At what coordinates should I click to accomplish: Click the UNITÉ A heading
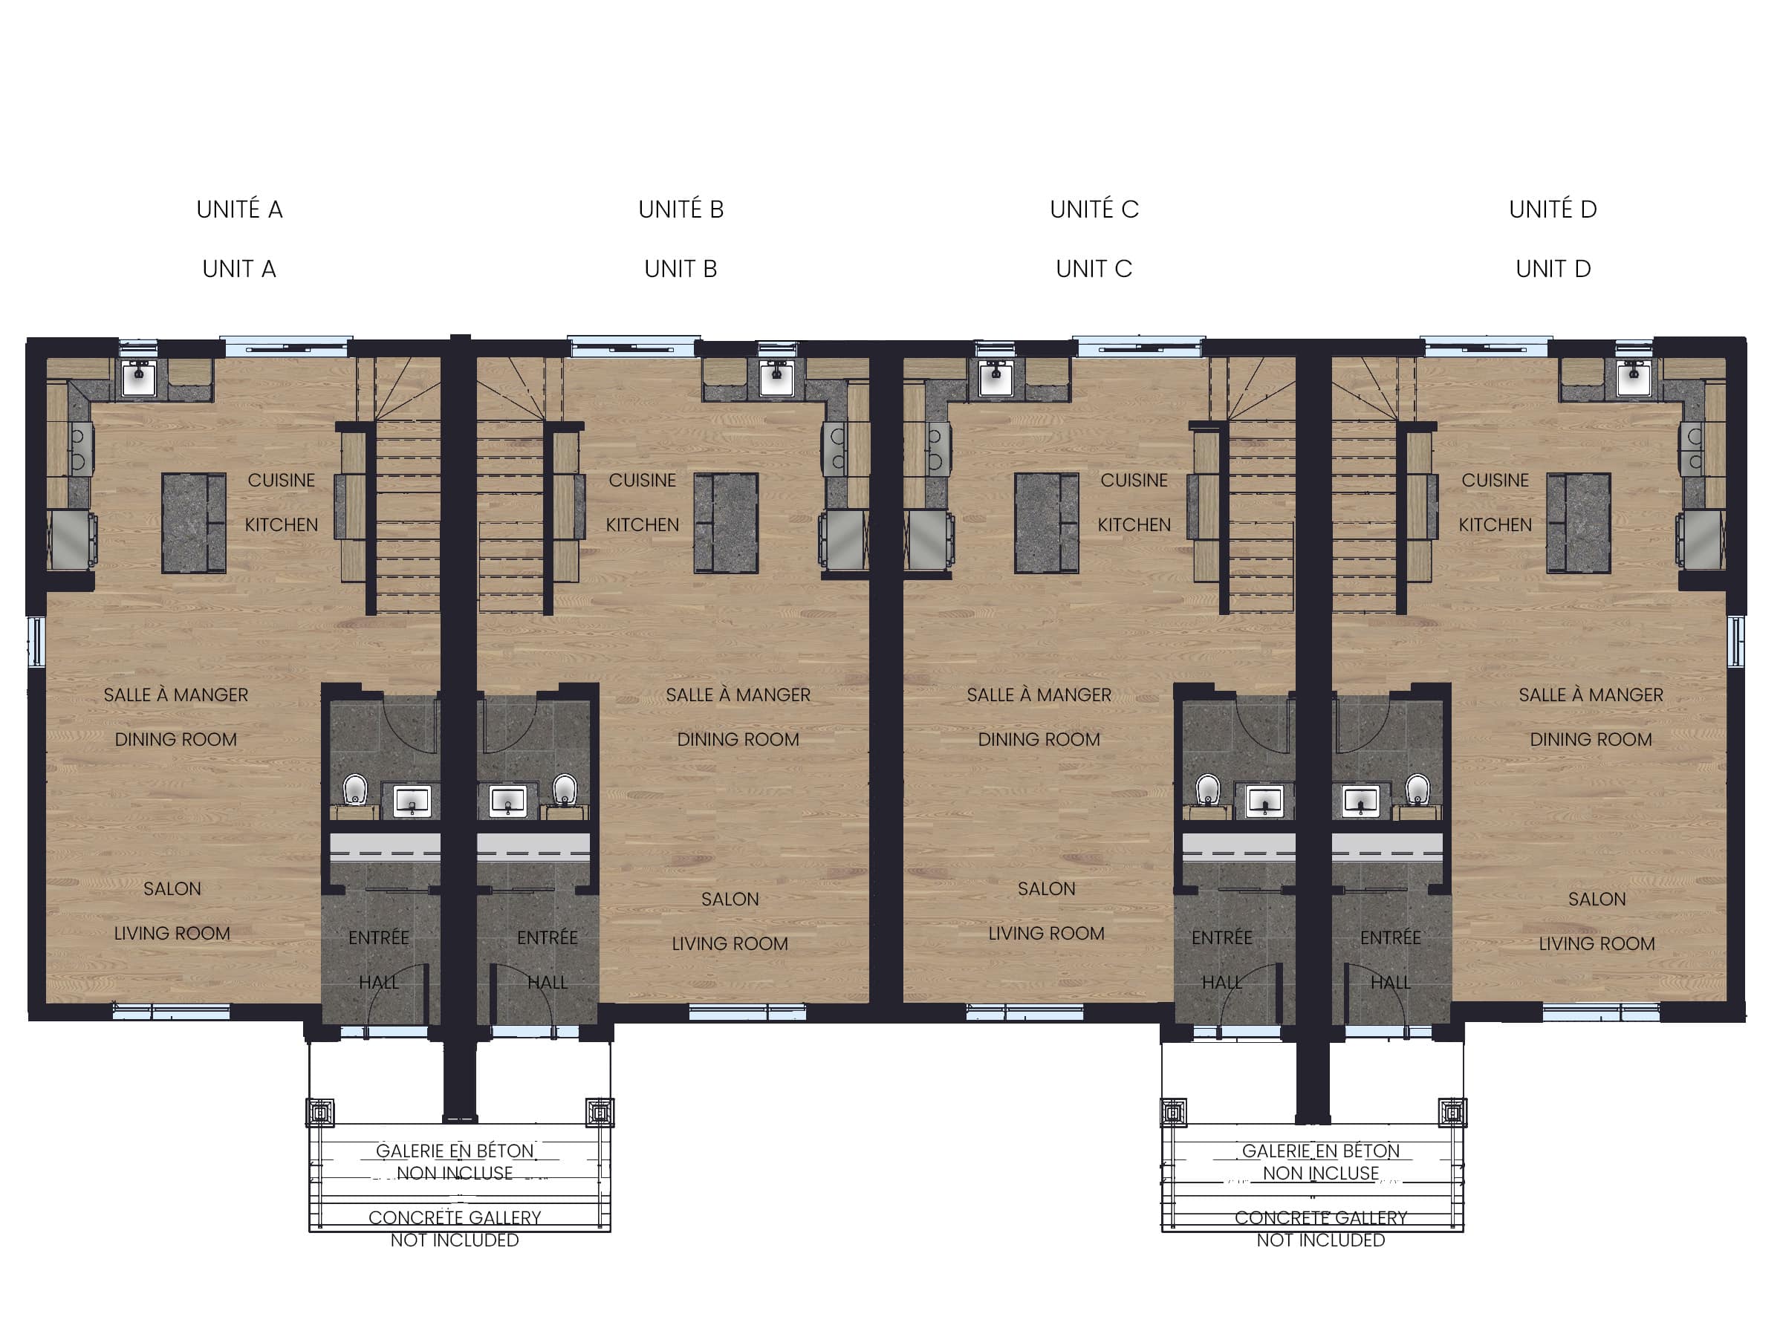[239, 209]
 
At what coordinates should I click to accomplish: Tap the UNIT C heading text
[1094, 269]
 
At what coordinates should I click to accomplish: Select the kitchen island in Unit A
[193, 523]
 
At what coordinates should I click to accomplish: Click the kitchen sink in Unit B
[776, 378]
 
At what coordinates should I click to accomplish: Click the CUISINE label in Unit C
[1133, 481]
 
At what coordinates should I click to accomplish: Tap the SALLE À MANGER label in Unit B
[738, 694]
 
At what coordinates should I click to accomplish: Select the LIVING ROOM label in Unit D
[1596, 944]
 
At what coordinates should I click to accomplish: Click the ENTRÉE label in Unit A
[378, 937]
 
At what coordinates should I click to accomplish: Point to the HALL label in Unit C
[1221, 983]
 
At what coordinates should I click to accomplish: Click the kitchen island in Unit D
[1578, 523]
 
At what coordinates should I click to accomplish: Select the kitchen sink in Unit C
[996, 378]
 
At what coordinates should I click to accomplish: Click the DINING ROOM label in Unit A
[176, 740]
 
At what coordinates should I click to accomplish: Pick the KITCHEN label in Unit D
[1495, 524]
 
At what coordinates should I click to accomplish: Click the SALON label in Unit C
[1046, 889]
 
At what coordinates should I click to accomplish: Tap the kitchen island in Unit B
[725, 523]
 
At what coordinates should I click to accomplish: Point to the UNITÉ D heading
[1553, 209]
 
